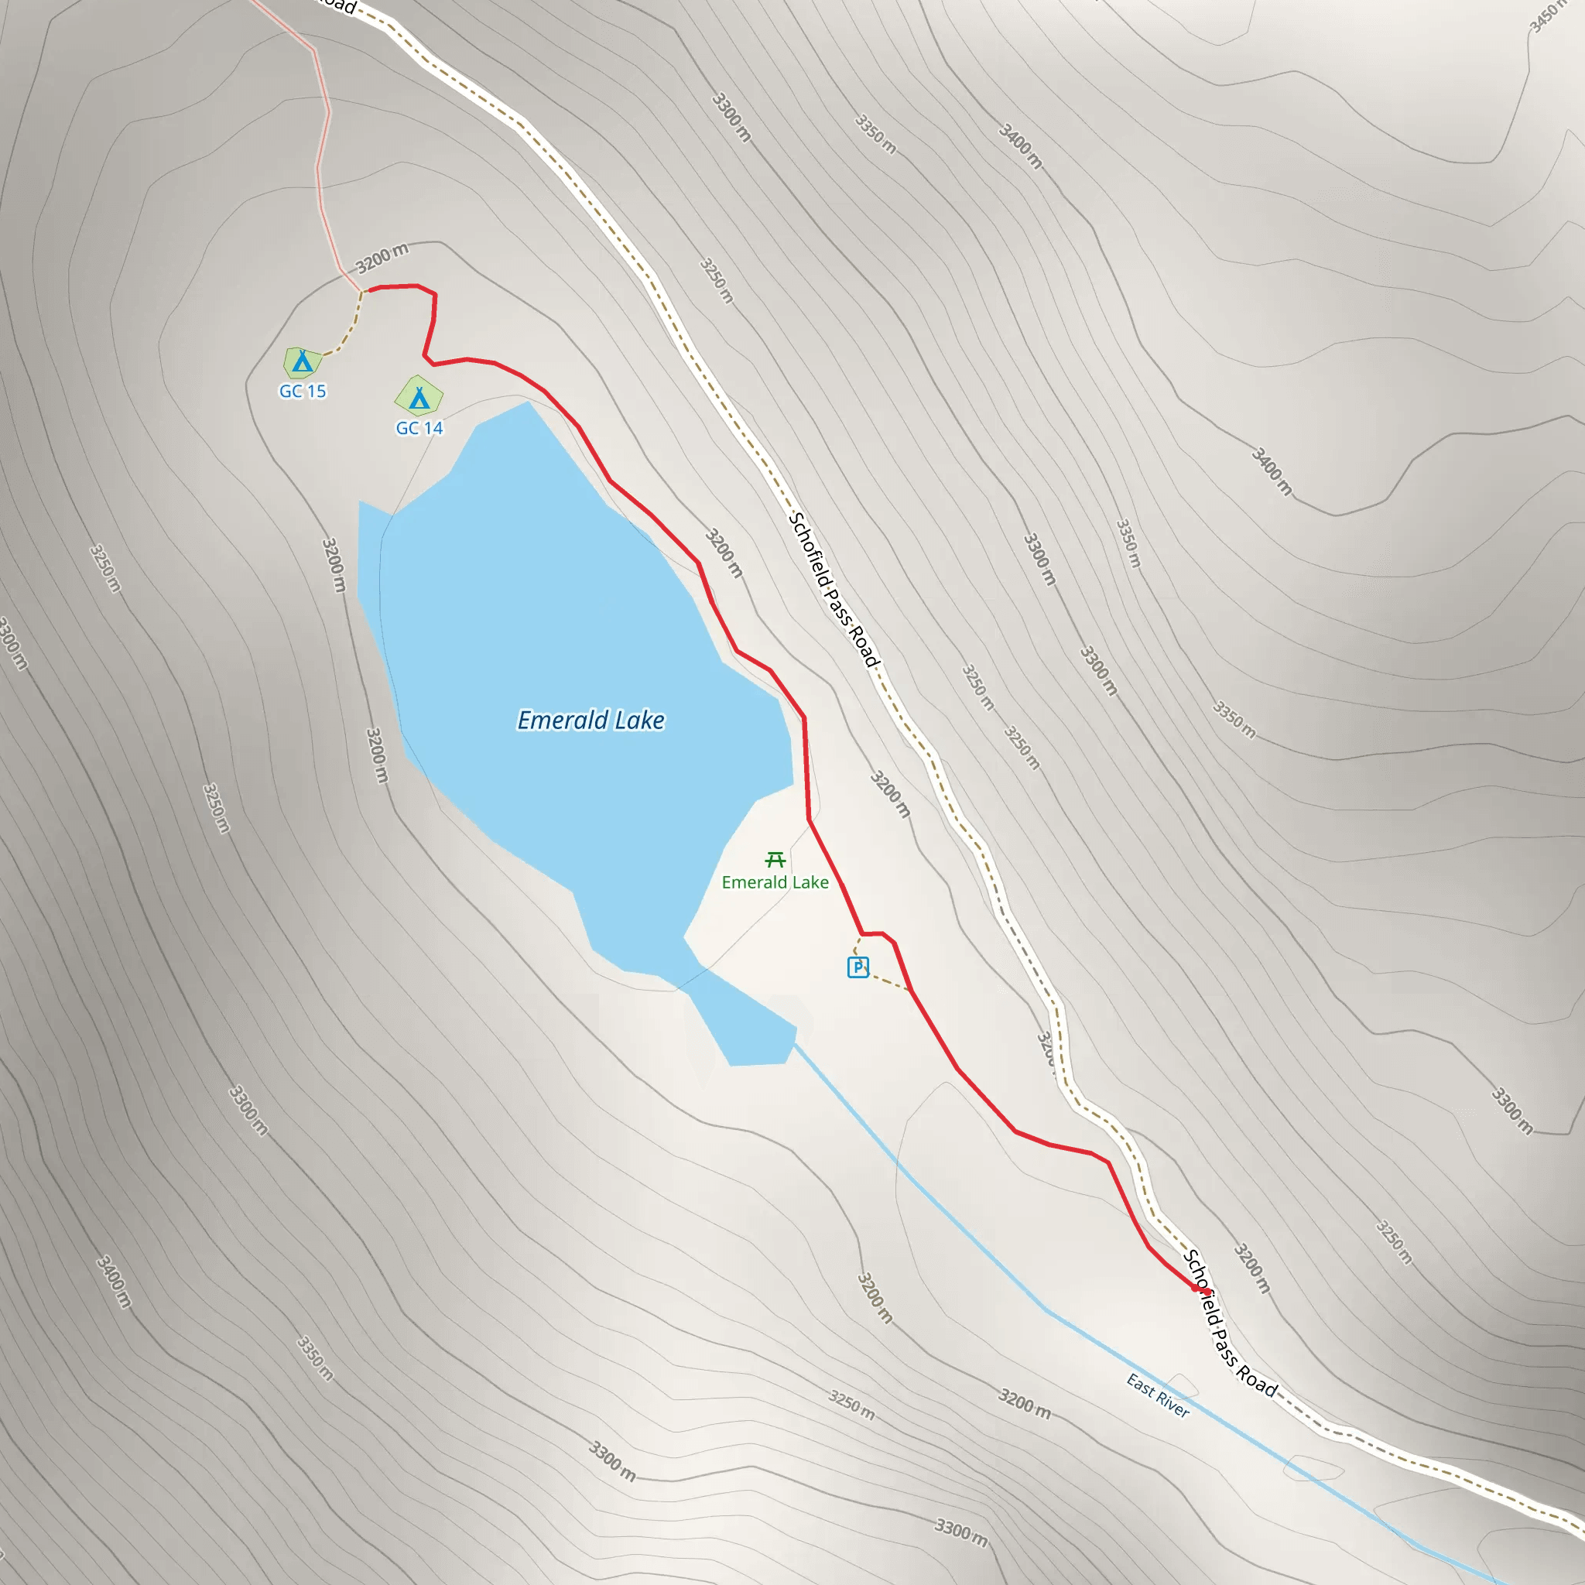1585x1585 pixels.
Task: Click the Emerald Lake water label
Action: coord(591,721)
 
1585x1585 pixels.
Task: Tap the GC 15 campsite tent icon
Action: coord(303,361)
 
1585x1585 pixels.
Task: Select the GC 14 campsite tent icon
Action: coord(419,398)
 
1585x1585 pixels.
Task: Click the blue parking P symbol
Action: coord(858,967)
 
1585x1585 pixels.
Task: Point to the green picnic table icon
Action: coord(775,860)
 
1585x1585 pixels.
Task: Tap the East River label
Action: coord(1158,1395)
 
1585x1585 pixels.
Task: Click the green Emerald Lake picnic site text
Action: coord(775,883)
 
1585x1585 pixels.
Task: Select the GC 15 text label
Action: coord(303,392)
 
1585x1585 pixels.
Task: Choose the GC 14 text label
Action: coord(419,428)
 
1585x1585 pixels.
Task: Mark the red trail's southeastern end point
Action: coord(1195,1289)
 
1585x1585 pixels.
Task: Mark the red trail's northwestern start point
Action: coord(370,289)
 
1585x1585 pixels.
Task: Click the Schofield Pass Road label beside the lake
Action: coord(834,590)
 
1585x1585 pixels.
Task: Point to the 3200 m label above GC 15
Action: coord(382,258)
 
